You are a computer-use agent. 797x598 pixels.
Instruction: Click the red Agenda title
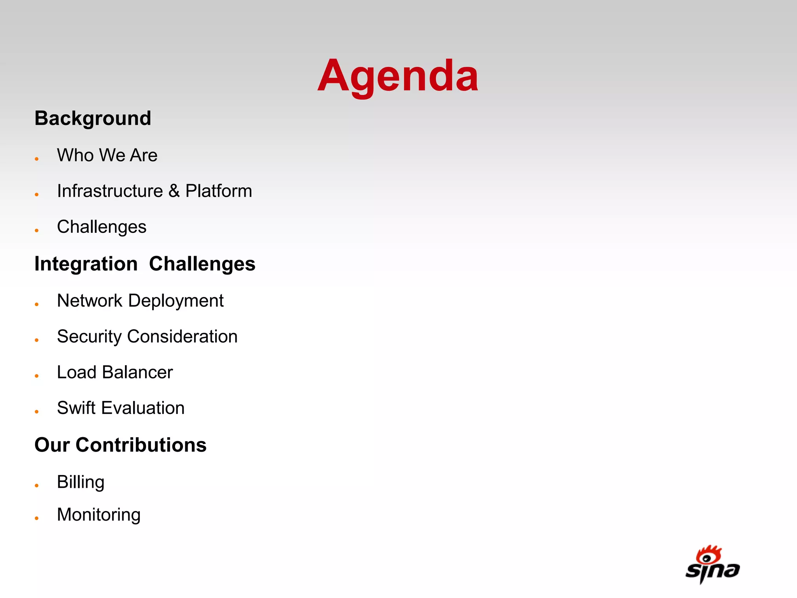coord(398,76)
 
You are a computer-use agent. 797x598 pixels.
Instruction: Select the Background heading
coord(93,118)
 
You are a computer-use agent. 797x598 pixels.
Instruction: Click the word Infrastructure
coord(110,191)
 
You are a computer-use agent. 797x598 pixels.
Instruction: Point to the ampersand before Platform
coord(174,191)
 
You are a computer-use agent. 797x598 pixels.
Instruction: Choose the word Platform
coord(218,191)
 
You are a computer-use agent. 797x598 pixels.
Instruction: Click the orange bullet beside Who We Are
coord(37,159)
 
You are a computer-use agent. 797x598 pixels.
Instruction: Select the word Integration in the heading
coord(86,264)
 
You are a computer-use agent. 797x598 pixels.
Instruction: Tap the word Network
coord(90,301)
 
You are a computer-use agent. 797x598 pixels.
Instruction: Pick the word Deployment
coord(176,301)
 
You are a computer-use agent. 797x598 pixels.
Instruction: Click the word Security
coord(89,337)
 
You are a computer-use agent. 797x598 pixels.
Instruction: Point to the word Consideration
coord(182,337)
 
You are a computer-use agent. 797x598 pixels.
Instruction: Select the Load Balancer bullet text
coord(115,373)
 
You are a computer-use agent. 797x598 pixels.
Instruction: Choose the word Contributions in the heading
coord(141,445)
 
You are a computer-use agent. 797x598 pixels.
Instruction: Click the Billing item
coord(81,482)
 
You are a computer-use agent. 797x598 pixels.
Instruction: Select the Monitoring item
coord(98,515)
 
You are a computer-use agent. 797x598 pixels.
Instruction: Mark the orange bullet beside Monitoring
coord(37,518)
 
